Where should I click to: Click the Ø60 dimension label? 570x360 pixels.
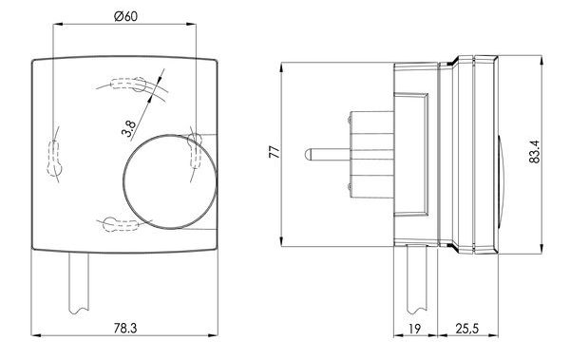point(125,16)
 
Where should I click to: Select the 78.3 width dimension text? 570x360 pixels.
point(125,329)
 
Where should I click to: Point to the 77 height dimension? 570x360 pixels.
point(275,151)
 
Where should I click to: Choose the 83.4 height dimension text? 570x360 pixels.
point(535,152)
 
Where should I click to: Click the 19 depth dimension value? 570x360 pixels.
point(414,329)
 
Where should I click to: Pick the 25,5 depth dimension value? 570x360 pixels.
point(467,329)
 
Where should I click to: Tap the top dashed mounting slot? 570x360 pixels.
point(128,85)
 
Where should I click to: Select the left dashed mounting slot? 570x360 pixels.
point(54,157)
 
